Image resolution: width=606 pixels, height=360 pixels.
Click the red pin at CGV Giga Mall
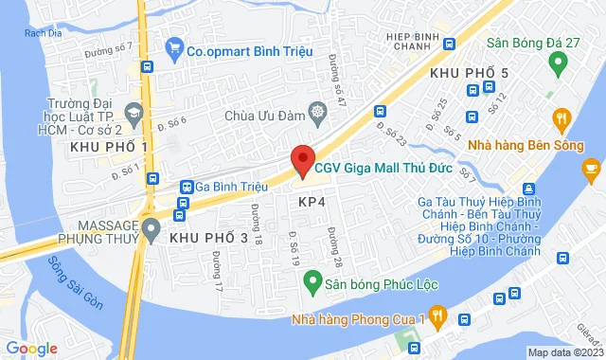click(301, 158)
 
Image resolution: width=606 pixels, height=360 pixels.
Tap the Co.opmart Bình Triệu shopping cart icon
click(173, 45)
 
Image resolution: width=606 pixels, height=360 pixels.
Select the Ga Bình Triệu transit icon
click(187, 188)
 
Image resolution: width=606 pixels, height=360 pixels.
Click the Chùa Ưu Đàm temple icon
click(316, 113)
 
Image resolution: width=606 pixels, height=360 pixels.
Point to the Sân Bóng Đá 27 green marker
click(558, 64)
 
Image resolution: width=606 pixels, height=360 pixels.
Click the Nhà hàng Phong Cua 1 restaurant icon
click(437, 315)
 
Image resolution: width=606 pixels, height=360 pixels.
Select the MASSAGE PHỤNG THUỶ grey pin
click(150, 228)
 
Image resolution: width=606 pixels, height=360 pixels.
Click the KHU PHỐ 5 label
click(469, 73)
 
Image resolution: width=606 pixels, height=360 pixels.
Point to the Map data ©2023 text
click(564, 352)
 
